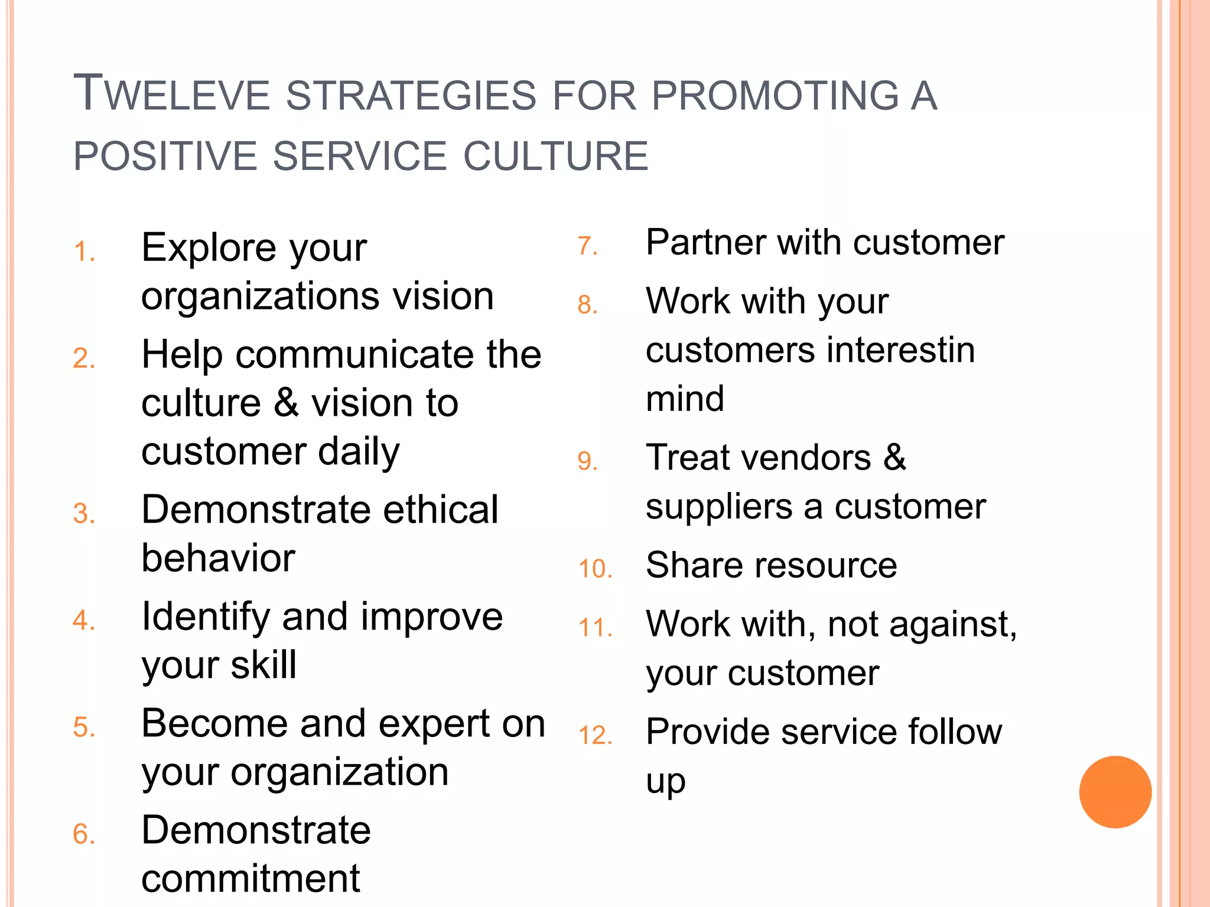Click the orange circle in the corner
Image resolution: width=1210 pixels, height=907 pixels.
tap(1115, 792)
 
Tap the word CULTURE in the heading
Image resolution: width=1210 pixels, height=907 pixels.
tap(555, 156)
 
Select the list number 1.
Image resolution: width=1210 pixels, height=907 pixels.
tap(84, 252)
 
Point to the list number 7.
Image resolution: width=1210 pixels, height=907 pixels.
tap(588, 246)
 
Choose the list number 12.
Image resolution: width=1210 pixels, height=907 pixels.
tap(595, 736)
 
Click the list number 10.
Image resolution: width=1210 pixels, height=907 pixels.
tap(595, 569)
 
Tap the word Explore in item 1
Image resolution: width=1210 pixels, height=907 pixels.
tap(208, 248)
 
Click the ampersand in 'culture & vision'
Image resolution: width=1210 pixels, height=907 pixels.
tap(287, 403)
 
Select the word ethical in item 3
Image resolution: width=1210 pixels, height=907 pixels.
tap(440, 510)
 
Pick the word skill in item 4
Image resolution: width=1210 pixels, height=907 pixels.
tap(264, 665)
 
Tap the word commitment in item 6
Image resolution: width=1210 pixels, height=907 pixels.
tap(251, 879)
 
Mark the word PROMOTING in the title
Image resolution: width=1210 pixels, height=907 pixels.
tap(775, 96)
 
